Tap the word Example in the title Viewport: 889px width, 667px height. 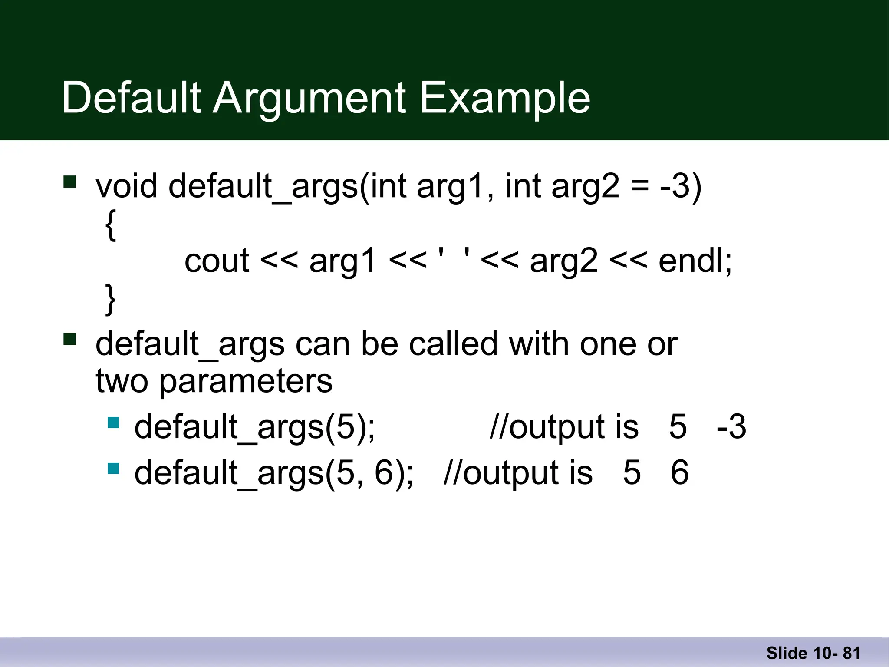coord(504,99)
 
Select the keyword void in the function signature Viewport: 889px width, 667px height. coord(126,186)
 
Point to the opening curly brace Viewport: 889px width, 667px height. coord(111,225)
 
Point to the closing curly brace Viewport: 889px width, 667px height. coord(111,299)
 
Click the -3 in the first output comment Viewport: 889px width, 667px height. coord(731,427)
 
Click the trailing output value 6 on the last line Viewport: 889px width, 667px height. coord(679,472)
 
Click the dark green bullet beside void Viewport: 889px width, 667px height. coord(69,181)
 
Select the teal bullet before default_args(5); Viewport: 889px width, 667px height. coord(113,423)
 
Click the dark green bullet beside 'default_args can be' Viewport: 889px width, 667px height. coord(69,339)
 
